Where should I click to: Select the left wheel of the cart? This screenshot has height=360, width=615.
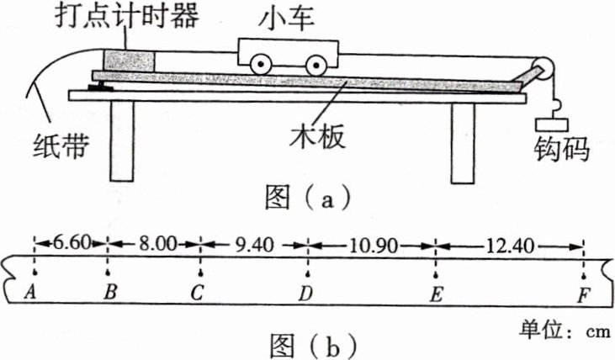click(262, 64)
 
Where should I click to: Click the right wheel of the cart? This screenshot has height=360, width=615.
click(315, 64)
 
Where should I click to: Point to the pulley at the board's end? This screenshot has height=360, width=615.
click(542, 70)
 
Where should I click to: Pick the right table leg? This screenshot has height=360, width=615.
click(463, 140)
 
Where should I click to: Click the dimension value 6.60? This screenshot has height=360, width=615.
click(70, 242)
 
